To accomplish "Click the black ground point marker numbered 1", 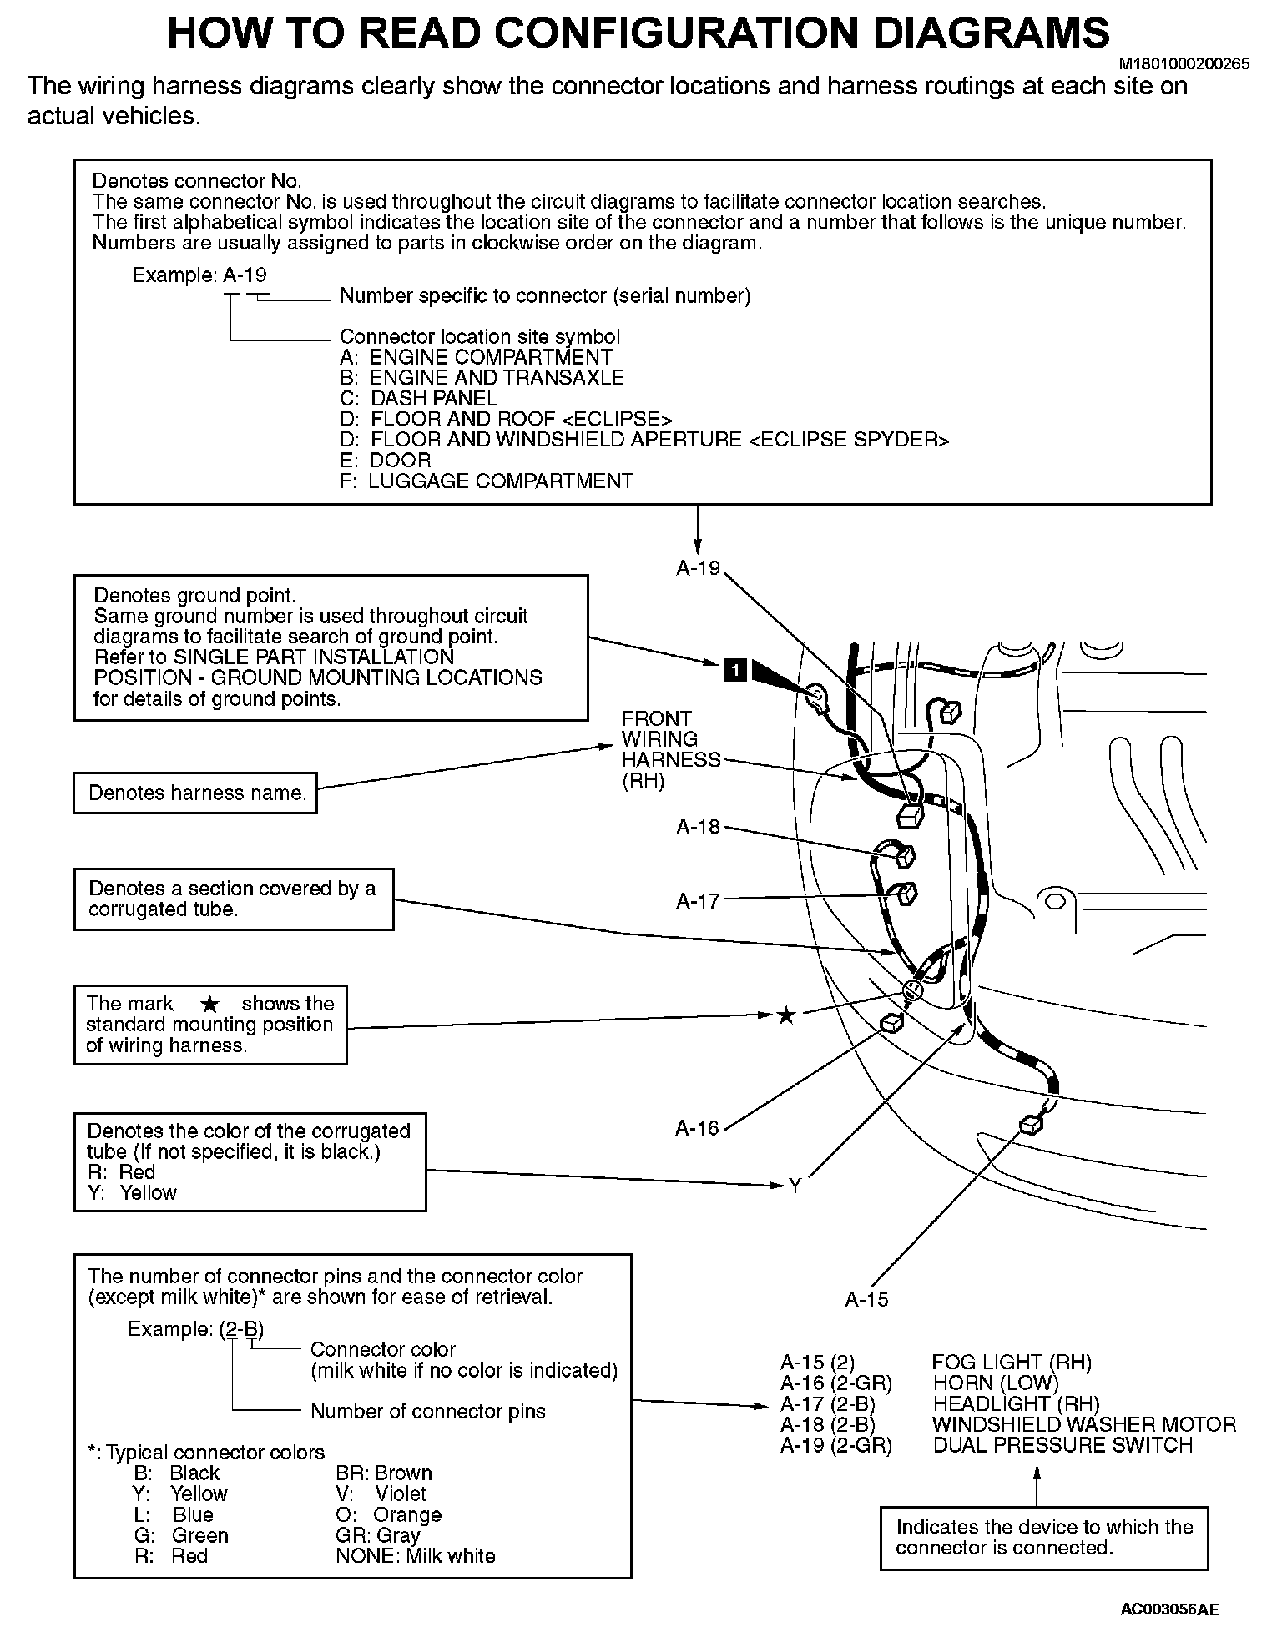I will tap(734, 669).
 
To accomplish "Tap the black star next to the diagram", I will tap(785, 1015).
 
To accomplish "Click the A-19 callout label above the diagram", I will tap(698, 568).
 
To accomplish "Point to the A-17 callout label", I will tap(698, 900).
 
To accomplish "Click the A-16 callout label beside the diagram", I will tap(697, 1128).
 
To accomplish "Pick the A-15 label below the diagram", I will tap(866, 1299).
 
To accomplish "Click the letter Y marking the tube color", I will tap(795, 1185).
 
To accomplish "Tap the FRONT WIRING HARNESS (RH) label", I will tap(659, 749).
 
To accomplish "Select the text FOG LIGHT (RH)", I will tap(1012, 1363).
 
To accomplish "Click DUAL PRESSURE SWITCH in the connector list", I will tap(1062, 1445).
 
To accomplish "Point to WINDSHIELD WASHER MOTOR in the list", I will tap(1083, 1424).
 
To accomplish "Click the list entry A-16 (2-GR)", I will tap(835, 1383).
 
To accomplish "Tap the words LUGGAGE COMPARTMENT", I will tap(501, 481).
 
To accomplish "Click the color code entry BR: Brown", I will tap(384, 1473).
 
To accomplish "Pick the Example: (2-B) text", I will tap(195, 1328).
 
